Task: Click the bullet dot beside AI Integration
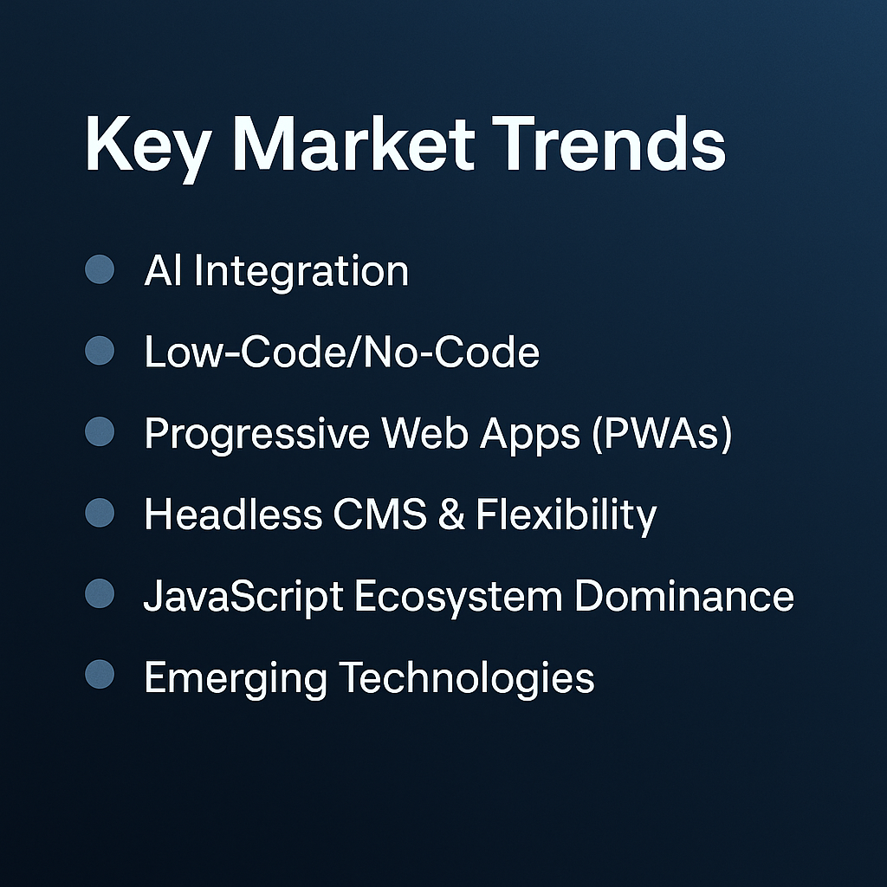(x=100, y=269)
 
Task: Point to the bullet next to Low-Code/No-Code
(x=100, y=351)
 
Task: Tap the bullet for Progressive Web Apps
(x=100, y=431)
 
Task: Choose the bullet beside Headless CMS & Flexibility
(x=100, y=513)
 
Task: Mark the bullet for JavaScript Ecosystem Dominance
(x=100, y=593)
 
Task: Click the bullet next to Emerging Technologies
(x=100, y=674)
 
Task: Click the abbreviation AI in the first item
(x=164, y=270)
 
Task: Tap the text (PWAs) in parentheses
(x=663, y=434)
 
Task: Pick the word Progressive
(x=256, y=436)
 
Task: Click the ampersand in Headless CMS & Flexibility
(x=451, y=515)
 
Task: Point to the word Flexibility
(x=567, y=517)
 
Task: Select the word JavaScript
(x=243, y=598)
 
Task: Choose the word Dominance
(x=684, y=596)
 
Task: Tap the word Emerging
(x=236, y=679)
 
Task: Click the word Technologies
(x=467, y=679)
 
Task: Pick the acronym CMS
(x=379, y=515)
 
